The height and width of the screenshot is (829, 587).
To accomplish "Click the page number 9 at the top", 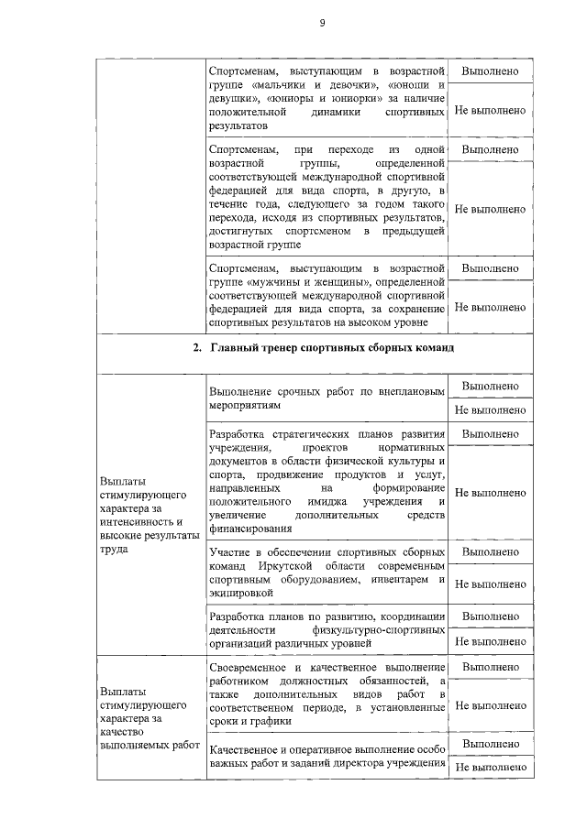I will tap(322, 23).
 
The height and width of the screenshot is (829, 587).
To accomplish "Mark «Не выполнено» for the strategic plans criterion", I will tap(490, 493).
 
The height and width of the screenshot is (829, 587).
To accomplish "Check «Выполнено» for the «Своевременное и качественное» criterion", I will tap(490, 668).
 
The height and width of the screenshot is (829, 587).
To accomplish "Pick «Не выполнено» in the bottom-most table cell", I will tap(490, 767).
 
